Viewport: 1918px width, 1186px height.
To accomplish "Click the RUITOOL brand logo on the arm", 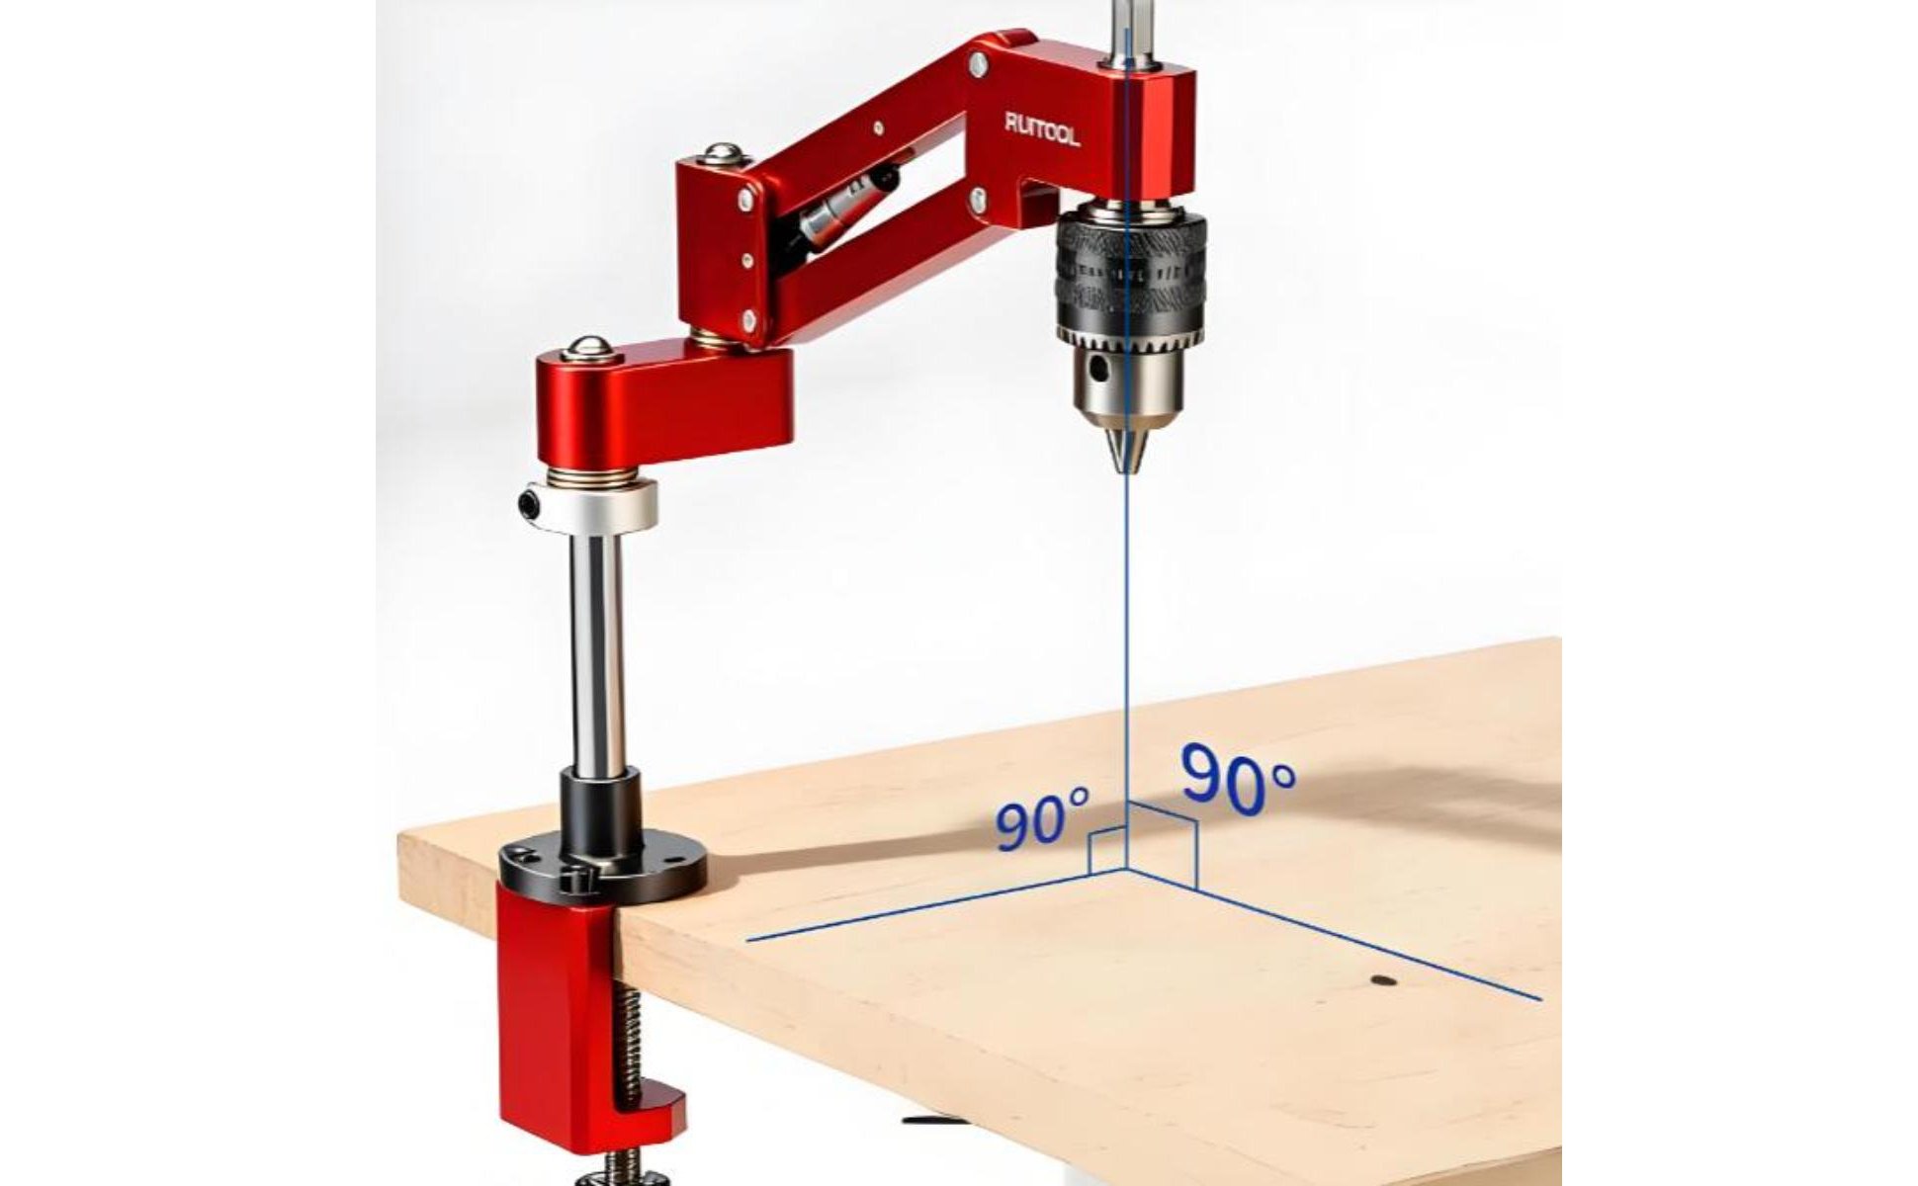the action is click(x=1042, y=128).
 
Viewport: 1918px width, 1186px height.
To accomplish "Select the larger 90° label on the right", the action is click(x=1238, y=777).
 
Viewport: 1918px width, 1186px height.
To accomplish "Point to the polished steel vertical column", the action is click(x=596, y=652).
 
